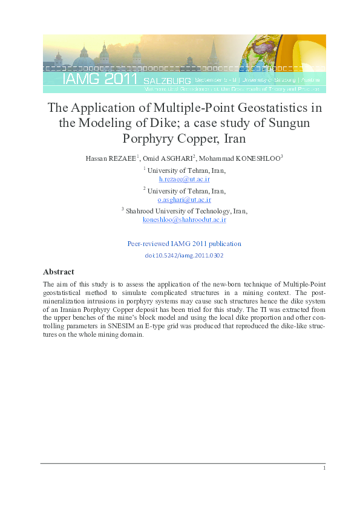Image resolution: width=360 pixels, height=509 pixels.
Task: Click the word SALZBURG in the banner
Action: pos(168,80)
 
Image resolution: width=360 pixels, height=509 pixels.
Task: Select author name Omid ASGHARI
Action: pos(167,158)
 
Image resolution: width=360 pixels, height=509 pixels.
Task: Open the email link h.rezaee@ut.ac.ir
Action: pos(184,179)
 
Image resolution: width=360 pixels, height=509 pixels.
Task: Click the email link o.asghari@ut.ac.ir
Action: pos(184,199)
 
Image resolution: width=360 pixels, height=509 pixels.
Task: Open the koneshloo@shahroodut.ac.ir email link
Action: pos(184,219)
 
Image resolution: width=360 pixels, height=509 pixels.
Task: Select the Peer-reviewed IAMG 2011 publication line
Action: pos(184,244)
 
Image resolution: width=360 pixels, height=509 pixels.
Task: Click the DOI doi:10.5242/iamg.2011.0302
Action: pos(184,256)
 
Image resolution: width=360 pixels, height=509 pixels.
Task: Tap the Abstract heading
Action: pos(59,271)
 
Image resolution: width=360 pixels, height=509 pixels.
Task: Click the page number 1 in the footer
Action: pos(324,468)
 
